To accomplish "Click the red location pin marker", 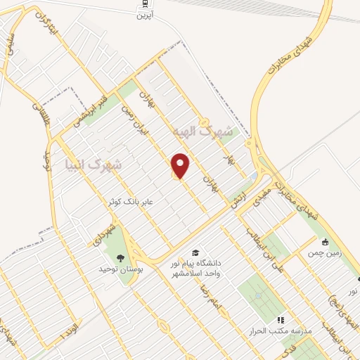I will [181, 165].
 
